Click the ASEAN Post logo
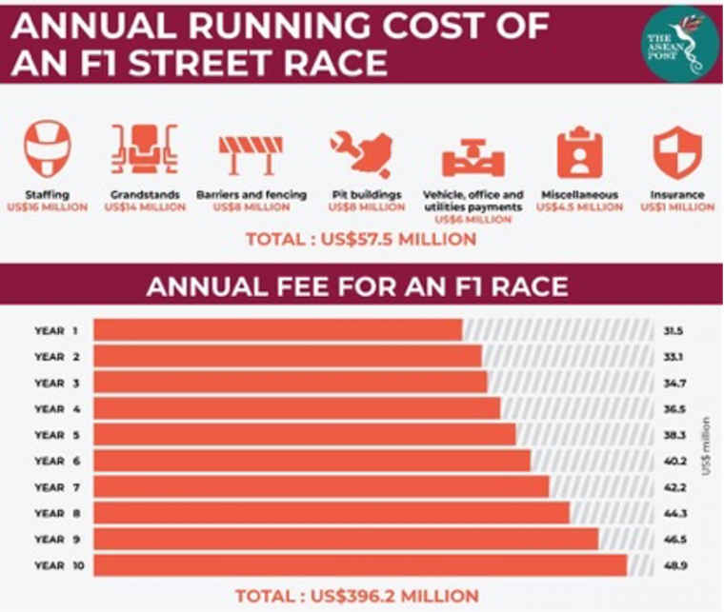(677, 44)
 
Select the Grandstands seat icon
(143, 150)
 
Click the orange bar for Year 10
(361, 565)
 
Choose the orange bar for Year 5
(305, 435)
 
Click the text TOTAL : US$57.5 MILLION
(361, 239)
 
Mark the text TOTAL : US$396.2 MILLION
(357, 596)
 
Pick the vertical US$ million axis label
(706, 448)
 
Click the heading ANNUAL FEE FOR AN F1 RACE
(362, 285)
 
